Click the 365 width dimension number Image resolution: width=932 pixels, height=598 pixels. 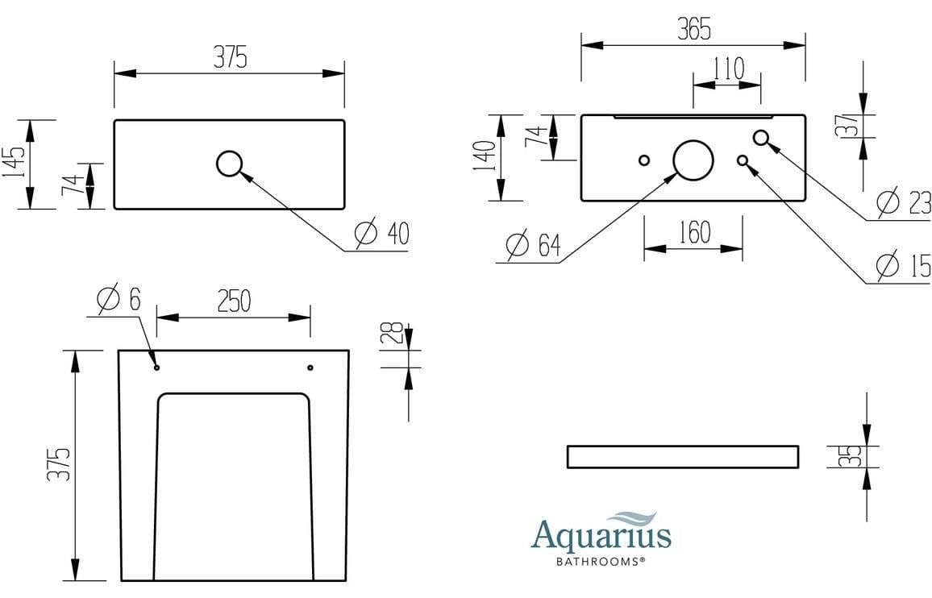tap(693, 30)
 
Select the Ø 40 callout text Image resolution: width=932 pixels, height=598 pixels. tap(382, 234)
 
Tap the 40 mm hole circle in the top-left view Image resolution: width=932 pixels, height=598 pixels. tap(229, 164)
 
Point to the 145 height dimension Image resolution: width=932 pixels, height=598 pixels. tap(14, 164)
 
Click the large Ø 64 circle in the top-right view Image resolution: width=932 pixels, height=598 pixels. tap(693, 160)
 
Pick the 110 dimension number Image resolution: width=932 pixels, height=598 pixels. tap(728, 69)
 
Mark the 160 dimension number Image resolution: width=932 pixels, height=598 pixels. tap(693, 233)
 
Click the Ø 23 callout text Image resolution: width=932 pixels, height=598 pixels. tap(904, 202)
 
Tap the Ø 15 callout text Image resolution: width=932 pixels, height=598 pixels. tap(904, 264)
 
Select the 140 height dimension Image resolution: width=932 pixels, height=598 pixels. tap(484, 158)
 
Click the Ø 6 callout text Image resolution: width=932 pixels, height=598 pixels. tap(119, 300)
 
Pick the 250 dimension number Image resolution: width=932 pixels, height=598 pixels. tap(233, 301)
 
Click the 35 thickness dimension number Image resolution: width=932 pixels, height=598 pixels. tap(845, 456)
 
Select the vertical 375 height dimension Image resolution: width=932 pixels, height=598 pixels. tap(58, 465)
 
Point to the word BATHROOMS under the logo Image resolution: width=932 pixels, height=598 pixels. tap(600, 560)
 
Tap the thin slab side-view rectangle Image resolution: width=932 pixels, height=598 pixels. tap(683, 456)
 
